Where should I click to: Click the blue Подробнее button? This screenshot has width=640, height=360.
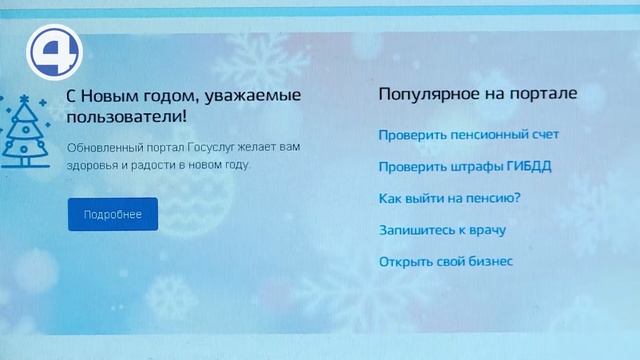pos(113,215)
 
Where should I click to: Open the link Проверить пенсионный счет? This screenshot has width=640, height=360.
pos(468,134)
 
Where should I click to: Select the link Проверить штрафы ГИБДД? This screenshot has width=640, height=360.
pos(465,166)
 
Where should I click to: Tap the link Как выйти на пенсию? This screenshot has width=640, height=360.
pos(450,198)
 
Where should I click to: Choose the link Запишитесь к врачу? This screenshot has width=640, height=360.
pos(442,230)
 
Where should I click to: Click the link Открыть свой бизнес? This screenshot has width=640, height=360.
pos(446,262)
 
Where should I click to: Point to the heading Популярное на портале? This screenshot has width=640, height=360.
pos(477,94)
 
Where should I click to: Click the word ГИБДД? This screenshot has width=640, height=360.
pos(529,166)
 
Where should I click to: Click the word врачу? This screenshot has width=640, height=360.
pos(486,230)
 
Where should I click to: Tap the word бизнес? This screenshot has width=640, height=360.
pos(490,262)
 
